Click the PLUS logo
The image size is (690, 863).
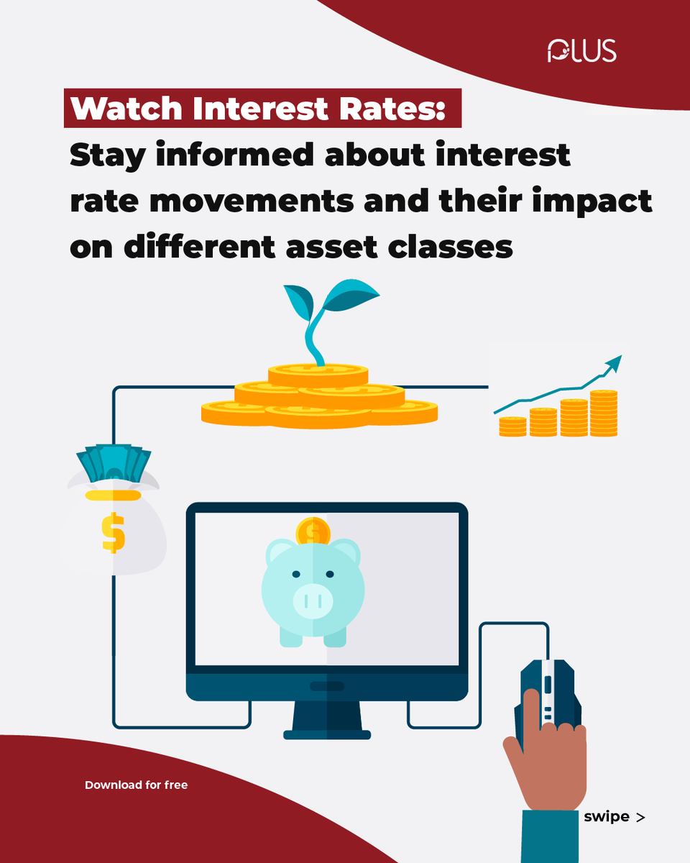(581, 51)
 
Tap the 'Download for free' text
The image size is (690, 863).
(136, 785)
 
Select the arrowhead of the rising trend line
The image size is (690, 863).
(612, 362)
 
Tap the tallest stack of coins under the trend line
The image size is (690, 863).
(604, 414)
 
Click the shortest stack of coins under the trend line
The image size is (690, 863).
(512, 426)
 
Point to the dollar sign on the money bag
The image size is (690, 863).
(114, 532)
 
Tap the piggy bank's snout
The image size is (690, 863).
(313, 601)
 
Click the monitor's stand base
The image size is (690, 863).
(327, 734)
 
